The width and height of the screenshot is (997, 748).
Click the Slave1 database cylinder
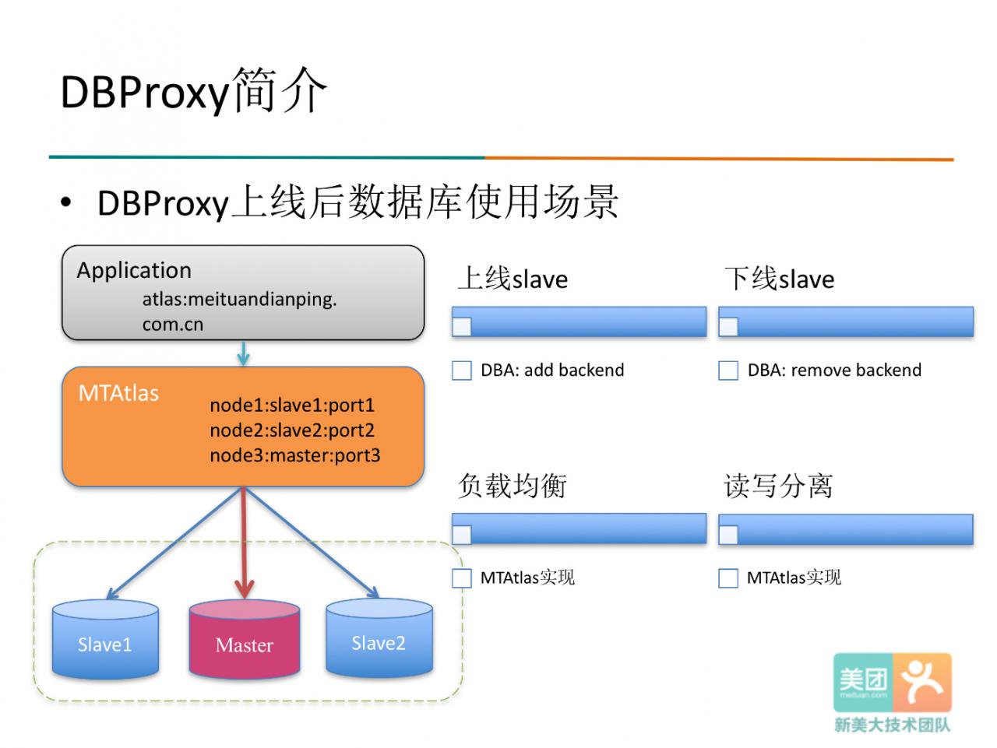point(105,639)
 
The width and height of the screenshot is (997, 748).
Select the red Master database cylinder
point(245,639)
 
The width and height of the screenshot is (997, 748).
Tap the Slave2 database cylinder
point(379,637)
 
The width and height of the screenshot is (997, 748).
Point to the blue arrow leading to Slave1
point(174,543)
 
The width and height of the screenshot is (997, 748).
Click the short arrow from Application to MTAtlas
point(244,353)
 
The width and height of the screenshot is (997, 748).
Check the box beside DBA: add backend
point(461,370)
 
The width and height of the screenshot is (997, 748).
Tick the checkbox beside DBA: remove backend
point(727,370)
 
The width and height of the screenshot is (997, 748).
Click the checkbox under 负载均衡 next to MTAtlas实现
point(461,578)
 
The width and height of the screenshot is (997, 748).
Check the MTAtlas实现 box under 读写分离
point(727,578)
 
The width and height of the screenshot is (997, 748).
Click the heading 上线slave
point(513,278)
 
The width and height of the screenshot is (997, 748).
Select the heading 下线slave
point(779,278)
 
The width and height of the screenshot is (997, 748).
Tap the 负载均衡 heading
point(512,486)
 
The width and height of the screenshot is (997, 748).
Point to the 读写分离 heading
point(778,486)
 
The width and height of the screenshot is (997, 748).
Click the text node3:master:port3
point(294,455)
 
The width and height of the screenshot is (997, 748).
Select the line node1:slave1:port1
point(292,405)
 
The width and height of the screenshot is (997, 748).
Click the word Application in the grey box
point(134,271)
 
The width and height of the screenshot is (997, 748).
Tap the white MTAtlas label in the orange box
point(118,393)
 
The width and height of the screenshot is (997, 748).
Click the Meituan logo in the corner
point(892,689)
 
